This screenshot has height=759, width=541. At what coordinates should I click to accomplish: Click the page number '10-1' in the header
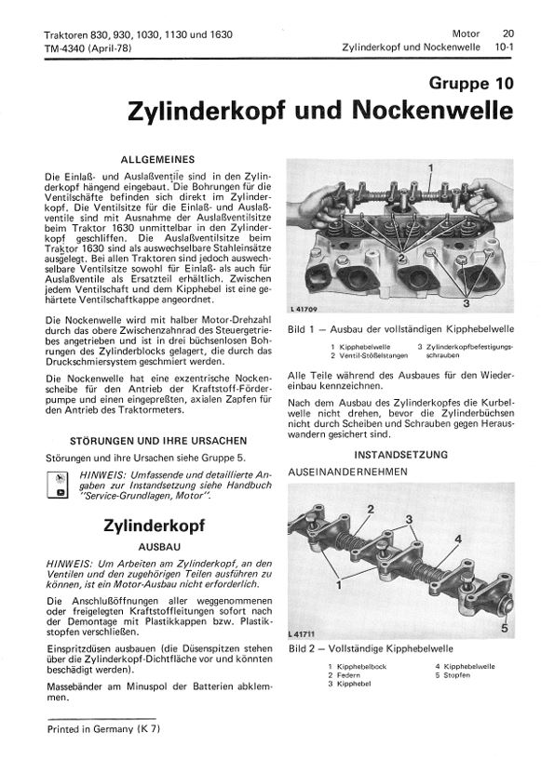[503, 45]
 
